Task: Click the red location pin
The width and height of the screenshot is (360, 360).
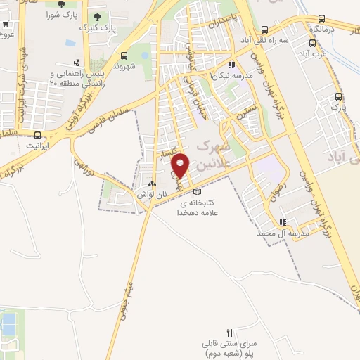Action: (x=181, y=165)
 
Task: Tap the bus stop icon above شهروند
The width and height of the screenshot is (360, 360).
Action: (x=124, y=56)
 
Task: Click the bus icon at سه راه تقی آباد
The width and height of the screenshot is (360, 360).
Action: (x=264, y=30)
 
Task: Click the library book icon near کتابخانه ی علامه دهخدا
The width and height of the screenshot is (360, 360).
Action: (x=197, y=192)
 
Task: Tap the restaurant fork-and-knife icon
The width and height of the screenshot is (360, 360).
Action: (x=229, y=331)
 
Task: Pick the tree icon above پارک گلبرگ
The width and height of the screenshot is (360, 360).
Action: (x=96, y=17)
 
